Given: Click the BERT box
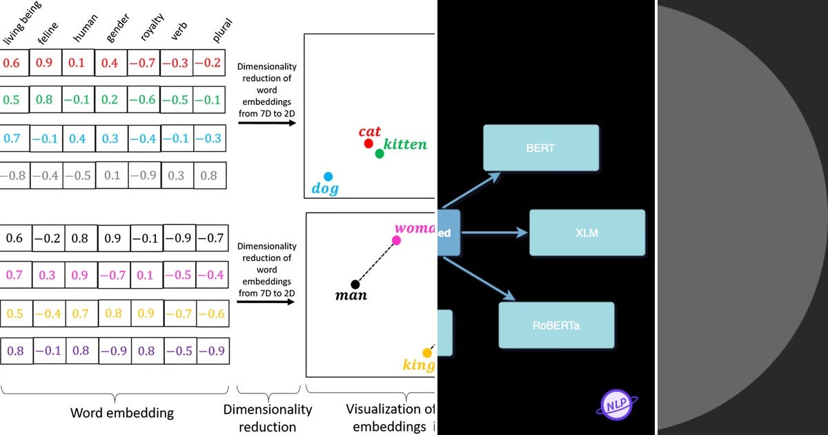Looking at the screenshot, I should tap(541, 148).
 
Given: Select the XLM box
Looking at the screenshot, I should tap(586, 233).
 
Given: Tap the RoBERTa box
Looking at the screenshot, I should tap(556, 325).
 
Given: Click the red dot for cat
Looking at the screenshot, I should tap(368, 144).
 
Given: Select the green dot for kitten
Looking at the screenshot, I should tap(379, 153).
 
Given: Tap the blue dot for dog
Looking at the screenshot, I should tap(328, 177).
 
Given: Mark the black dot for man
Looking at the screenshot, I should tap(355, 284).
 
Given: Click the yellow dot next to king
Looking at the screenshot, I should tap(427, 353).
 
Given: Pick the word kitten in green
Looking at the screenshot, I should tap(406, 144).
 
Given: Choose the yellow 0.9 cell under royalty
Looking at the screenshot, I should tap(146, 313).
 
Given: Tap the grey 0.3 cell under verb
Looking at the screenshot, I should tap(177, 175).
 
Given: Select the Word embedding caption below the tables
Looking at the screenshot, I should tap(122, 413).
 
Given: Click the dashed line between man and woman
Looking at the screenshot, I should tap(376, 262).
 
